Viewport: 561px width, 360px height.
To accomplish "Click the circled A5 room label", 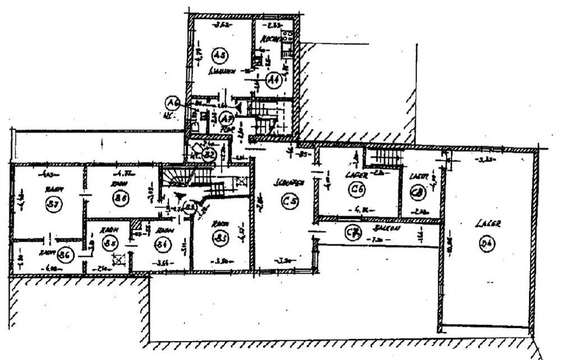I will click(x=219, y=55).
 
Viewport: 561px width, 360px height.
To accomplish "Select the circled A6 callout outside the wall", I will click(x=173, y=103).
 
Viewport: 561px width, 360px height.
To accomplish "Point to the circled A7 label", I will click(x=226, y=119).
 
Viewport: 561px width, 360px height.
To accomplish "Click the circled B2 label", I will click(x=209, y=154).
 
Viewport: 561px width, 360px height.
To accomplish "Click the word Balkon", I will click(x=384, y=229).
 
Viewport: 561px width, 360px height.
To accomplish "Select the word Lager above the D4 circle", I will click(x=487, y=223).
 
